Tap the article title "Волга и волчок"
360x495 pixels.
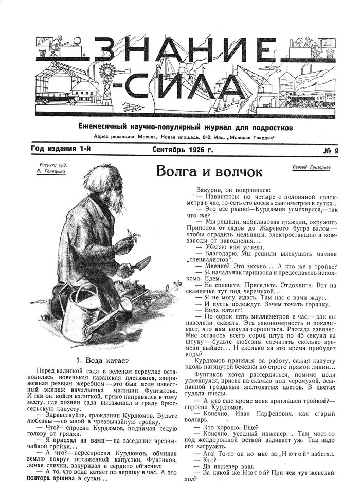pos(209,171)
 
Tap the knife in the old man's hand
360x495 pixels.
pos(141,263)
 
